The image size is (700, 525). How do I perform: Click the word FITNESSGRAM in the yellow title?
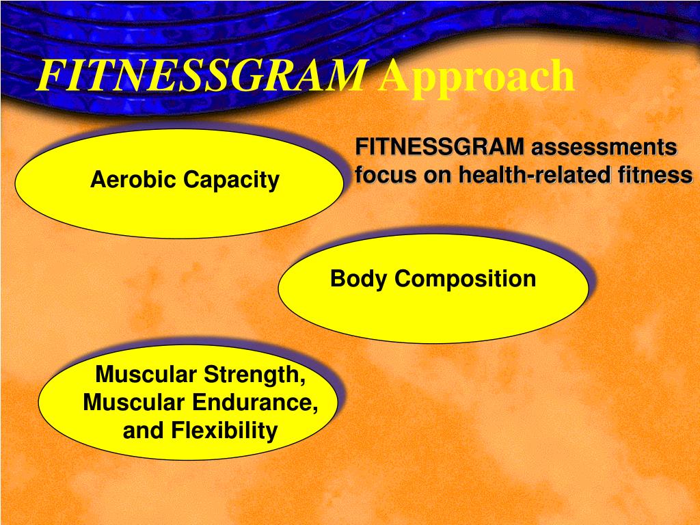click(x=200, y=76)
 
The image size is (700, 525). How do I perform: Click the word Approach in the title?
click(x=476, y=77)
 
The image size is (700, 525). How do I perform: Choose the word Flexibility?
click(x=224, y=431)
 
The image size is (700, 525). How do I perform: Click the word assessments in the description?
click(x=604, y=147)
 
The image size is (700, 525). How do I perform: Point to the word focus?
click(x=386, y=175)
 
